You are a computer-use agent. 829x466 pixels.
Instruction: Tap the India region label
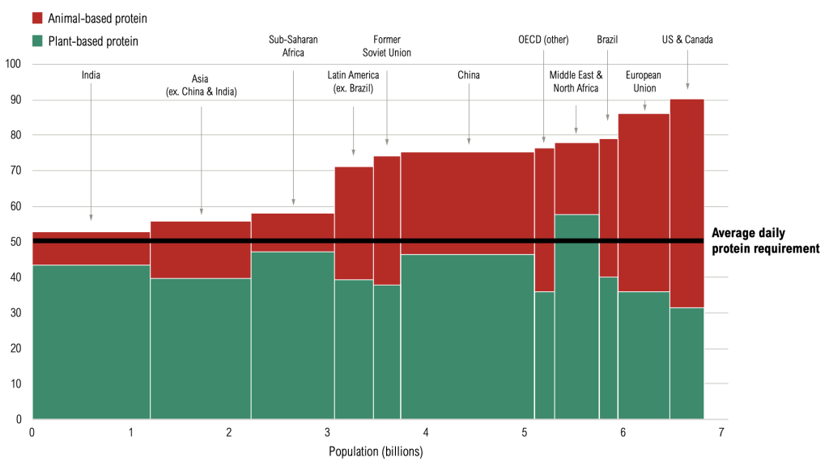91,75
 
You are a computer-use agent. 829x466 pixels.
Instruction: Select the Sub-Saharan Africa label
292,46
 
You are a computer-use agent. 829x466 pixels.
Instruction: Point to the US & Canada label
687,40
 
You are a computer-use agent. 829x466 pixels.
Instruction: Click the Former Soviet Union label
386,46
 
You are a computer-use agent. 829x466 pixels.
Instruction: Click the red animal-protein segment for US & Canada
687,202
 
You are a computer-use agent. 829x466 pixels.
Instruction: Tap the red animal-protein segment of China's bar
467,202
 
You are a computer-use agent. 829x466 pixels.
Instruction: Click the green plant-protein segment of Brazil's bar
609,348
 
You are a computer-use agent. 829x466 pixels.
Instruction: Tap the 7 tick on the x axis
721,433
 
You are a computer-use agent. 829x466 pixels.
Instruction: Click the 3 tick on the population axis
328,433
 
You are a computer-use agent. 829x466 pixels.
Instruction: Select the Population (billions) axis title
375,451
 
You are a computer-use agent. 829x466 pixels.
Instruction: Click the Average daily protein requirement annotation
765,241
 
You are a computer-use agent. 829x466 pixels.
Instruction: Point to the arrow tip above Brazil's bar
608,121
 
